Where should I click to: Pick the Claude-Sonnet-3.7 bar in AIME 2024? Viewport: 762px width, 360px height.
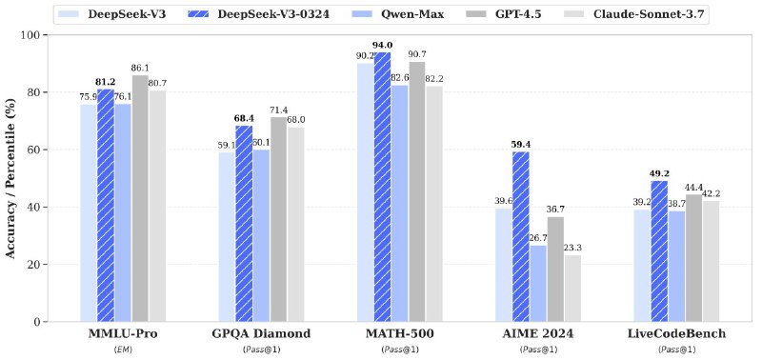click(572, 288)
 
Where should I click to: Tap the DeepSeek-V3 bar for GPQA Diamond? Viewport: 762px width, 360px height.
click(227, 236)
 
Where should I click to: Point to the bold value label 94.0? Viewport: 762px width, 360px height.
click(382, 45)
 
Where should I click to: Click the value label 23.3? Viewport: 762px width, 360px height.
click(573, 248)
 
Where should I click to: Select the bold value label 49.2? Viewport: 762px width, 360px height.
click(659, 173)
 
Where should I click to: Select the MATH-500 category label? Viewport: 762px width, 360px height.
click(399, 335)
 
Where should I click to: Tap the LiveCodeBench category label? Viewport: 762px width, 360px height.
click(676, 335)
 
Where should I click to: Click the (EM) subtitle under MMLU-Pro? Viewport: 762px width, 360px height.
click(123, 350)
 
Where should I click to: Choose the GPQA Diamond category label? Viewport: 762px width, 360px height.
click(261, 335)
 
